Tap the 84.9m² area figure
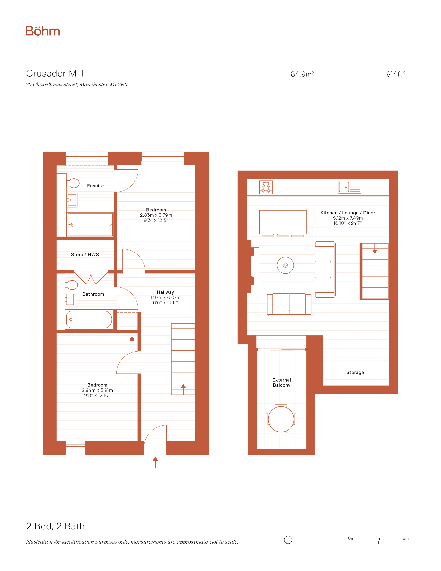point(302,74)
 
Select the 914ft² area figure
point(396,74)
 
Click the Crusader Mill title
point(55,74)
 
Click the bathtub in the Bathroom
point(89,319)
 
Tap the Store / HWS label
point(85,254)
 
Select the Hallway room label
point(165,292)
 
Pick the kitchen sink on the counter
point(350,187)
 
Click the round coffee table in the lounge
point(285,265)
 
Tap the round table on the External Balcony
point(281,419)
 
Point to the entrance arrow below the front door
point(155,462)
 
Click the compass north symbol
point(288,540)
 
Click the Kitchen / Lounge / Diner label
point(348,213)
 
